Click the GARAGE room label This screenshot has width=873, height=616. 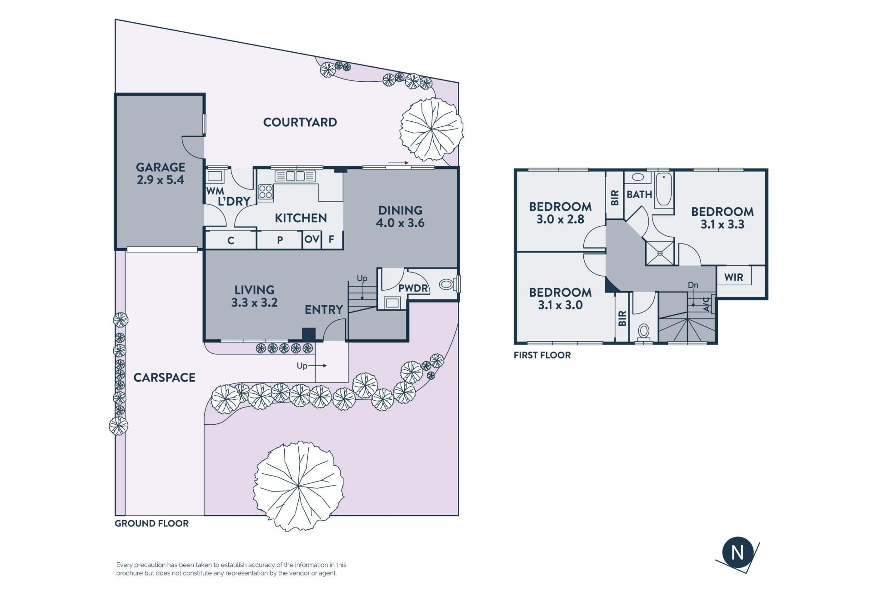coord(161,167)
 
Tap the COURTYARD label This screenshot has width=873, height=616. coord(300,122)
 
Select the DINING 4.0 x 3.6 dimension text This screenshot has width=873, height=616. coord(400,223)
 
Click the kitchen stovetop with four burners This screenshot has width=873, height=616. coord(266,193)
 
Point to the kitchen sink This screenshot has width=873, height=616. coord(295,176)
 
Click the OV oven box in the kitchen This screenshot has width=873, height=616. coord(312,239)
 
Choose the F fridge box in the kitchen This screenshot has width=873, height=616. coord(332,239)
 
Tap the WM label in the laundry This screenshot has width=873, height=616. coord(215,191)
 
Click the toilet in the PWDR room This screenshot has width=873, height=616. coord(448,285)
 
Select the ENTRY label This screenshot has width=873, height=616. coord(324,310)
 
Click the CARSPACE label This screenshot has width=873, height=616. coord(164,378)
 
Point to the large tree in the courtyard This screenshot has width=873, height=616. coord(431,129)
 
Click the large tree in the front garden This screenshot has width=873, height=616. coord(298,487)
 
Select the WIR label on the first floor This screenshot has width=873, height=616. coord(733,277)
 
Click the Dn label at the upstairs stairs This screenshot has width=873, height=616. coord(693,285)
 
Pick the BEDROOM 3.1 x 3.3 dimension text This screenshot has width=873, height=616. coord(722,224)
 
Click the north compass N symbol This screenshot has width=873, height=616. coord(738,553)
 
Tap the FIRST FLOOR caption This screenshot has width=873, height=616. coord(542,355)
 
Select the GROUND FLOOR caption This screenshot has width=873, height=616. coord(151,523)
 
